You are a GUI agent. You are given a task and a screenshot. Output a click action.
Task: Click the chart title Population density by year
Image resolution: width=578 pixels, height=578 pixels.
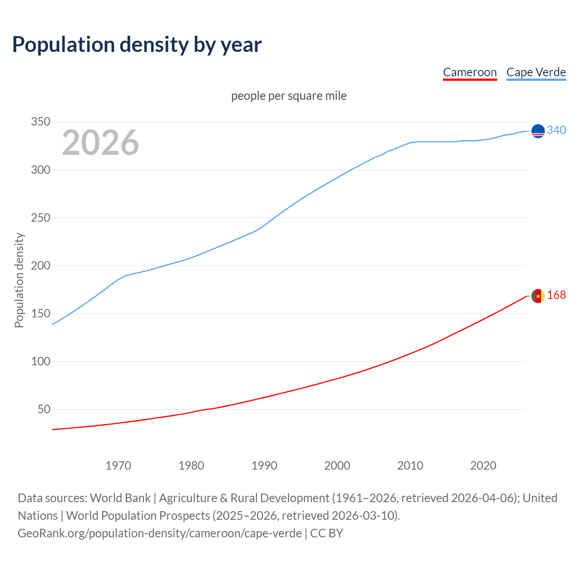pos(137,45)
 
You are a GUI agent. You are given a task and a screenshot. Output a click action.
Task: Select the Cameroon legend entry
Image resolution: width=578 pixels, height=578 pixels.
pos(470,72)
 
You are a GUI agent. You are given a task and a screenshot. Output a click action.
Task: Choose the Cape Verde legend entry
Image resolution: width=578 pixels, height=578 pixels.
pos(536,72)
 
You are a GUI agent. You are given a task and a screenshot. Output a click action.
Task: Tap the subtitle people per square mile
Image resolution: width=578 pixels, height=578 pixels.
pos(289,96)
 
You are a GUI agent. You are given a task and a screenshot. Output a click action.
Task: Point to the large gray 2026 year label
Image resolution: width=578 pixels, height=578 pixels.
pos(100,143)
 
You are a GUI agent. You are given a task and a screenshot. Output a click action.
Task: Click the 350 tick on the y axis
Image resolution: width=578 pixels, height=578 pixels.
pos(40,122)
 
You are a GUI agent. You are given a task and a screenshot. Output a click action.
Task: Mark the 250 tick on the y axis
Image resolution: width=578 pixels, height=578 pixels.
pos(40,218)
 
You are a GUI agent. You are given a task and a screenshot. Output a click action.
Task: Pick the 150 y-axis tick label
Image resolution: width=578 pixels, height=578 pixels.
pos(40,313)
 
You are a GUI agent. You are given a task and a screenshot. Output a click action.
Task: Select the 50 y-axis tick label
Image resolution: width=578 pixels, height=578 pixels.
pos(44,409)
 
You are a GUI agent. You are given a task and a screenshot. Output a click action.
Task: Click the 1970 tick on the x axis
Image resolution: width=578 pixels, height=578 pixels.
pos(118,465)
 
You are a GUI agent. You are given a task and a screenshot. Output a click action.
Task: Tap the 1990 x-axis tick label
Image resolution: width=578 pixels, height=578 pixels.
pos(264,465)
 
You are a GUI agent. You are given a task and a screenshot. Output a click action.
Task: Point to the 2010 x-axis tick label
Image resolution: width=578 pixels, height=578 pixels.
pos(410,465)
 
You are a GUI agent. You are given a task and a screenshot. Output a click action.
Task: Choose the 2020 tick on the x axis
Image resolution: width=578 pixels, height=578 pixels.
pos(483,465)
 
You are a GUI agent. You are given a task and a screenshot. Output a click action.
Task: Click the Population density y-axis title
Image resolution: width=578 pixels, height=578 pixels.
pos(19,280)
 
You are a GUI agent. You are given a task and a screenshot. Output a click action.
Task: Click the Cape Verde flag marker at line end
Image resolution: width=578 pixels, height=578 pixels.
pos(538,131)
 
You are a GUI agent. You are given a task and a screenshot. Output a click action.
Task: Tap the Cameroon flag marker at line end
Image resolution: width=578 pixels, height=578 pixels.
pos(538,296)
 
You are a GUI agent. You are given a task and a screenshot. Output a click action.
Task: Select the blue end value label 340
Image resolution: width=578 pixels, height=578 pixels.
pos(556,130)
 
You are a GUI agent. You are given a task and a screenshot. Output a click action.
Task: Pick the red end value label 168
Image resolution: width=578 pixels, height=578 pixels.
pos(556,295)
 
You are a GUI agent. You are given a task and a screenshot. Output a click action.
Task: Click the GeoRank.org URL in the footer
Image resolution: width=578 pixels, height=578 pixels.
pos(159,533)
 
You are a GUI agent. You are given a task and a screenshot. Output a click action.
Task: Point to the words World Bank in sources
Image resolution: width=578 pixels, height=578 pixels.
pos(120,498)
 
